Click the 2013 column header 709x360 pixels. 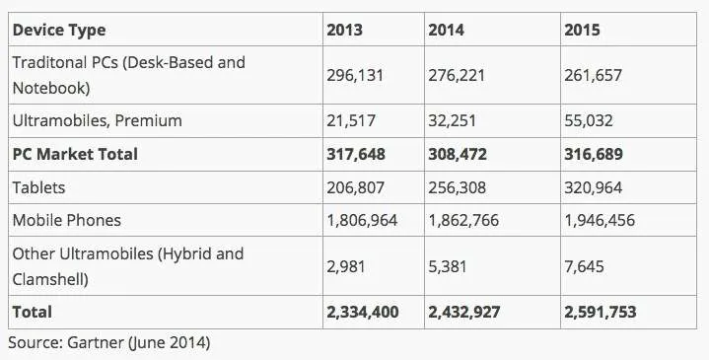(x=344, y=30)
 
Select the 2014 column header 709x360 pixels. (x=447, y=30)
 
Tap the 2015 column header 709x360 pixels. (x=582, y=30)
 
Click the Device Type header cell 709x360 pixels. (x=59, y=31)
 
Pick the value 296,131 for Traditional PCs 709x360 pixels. (x=355, y=75)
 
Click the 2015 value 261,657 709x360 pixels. (x=593, y=75)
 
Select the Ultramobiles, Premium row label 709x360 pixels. (x=98, y=120)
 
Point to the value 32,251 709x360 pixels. (x=452, y=120)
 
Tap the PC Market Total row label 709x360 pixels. (x=75, y=154)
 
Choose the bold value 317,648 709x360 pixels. (x=356, y=154)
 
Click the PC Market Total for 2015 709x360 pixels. (x=594, y=154)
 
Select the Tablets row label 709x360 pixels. (x=38, y=187)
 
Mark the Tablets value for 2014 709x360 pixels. (x=457, y=187)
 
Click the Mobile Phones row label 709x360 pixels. (x=67, y=220)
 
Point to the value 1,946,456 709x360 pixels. (x=600, y=220)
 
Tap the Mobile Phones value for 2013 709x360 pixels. (x=362, y=220)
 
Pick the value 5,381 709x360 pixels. (x=448, y=266)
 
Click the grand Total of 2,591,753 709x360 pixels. (x=600, y=312)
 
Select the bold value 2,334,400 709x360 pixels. (x=363, y=312)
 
